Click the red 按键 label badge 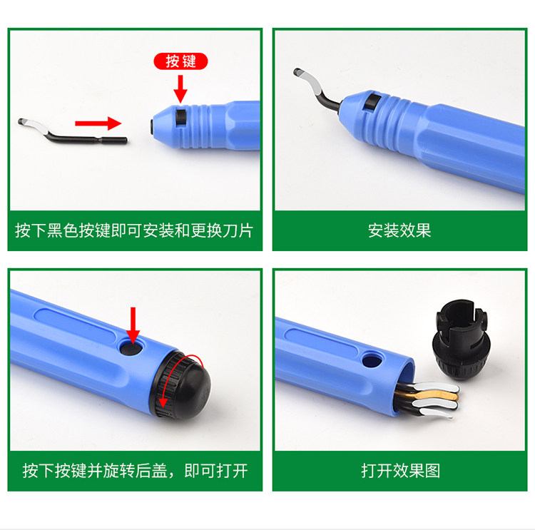coord(181,61)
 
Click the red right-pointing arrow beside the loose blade coord(98,123)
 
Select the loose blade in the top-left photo coord(71,131)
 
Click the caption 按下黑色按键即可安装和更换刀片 coord(135,230)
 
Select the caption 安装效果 coord(399,230)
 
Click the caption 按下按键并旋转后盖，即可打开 coord(135,471)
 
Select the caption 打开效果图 coord(399,471)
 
